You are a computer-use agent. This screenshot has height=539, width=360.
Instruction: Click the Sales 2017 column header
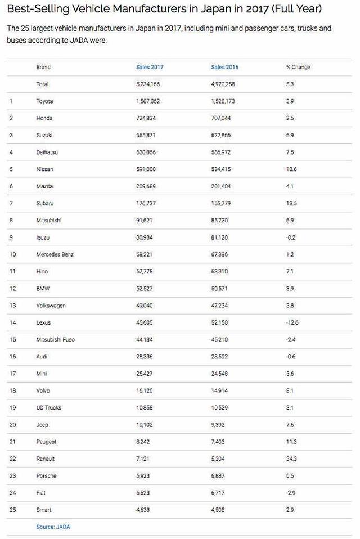[150, 67]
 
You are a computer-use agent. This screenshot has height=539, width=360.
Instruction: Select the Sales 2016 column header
[224, 67]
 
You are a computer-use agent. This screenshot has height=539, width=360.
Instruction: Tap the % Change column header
[298, 67]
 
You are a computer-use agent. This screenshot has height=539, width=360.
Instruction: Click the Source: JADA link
[53, 527]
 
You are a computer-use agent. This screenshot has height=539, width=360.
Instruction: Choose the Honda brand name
[44, 118]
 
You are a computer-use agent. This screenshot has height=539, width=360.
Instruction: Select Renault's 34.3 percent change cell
[292, 459]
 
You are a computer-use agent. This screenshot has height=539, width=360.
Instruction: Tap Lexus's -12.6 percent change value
[293, 322]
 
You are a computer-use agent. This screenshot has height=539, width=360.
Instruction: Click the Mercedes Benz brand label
[55, 254]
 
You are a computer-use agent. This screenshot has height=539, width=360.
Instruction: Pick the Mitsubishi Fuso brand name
[55, 340]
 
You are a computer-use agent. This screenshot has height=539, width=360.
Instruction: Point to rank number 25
[12, 510]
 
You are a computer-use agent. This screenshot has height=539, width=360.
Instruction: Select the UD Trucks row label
[49, 408]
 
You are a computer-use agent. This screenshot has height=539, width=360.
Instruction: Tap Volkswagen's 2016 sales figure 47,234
[221, 306]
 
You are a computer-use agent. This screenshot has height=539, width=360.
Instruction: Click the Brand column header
[43, 67]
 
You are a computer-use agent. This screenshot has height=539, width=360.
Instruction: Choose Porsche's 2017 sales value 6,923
[144, 476]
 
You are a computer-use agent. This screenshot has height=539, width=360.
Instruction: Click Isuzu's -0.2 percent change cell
[291, 237]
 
